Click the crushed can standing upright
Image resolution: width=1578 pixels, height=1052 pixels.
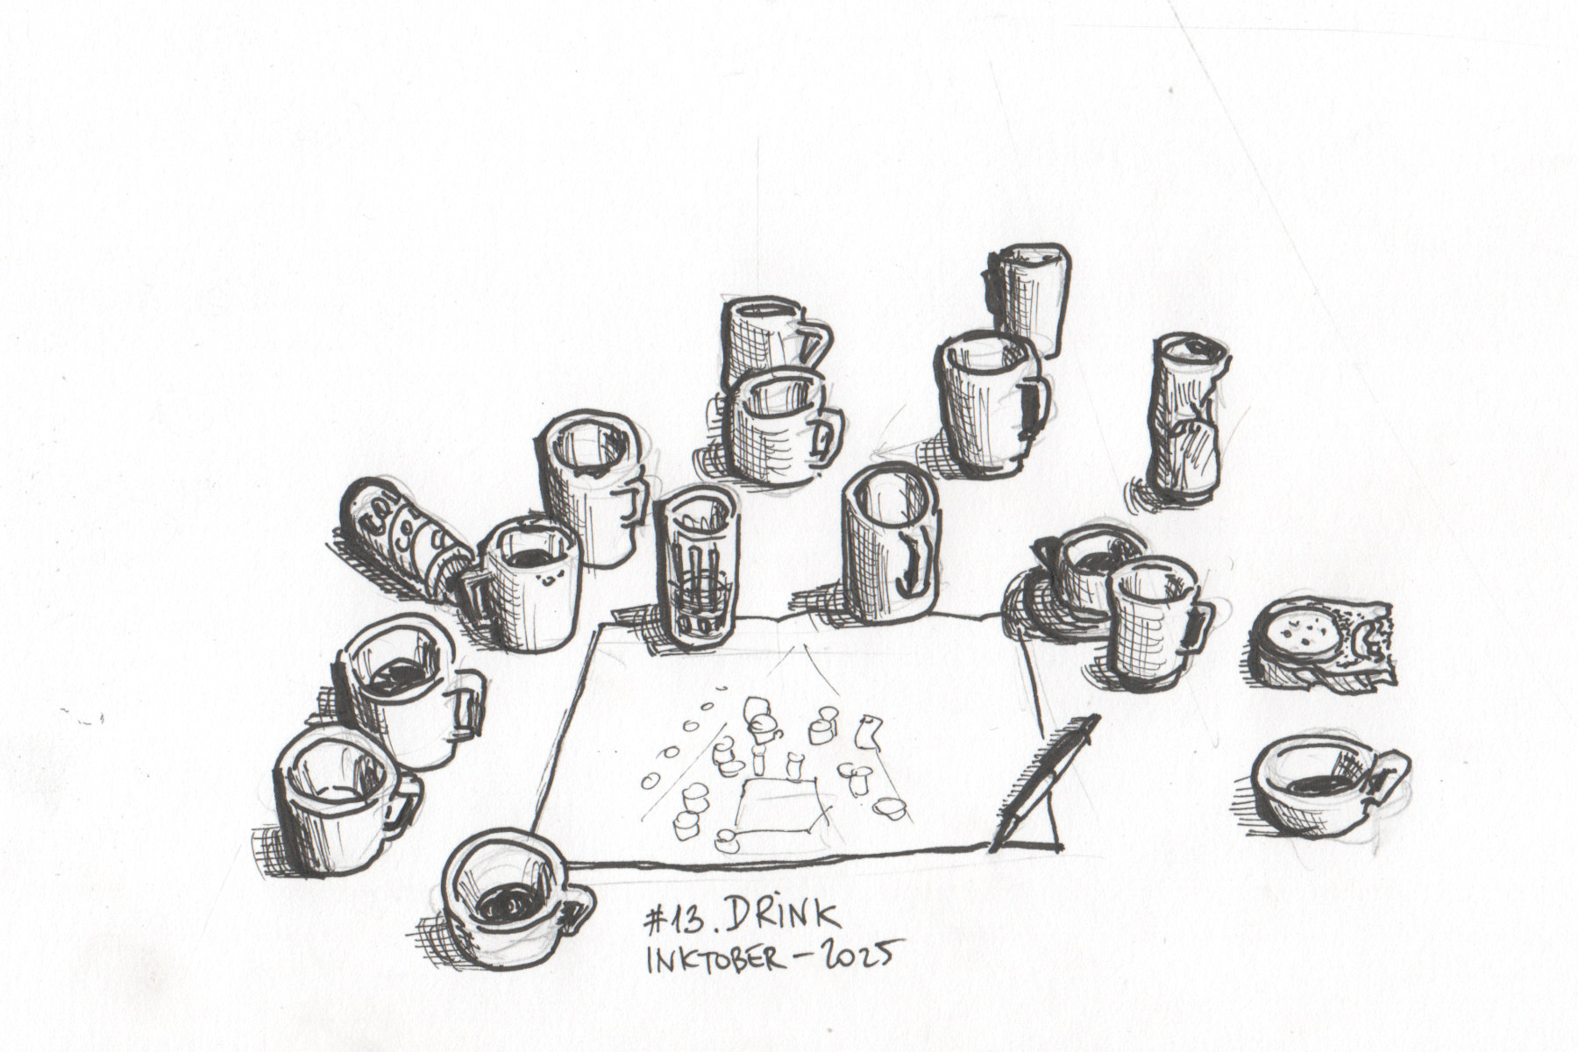(1188, 421)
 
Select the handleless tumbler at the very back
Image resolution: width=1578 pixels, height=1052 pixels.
(1029, 298)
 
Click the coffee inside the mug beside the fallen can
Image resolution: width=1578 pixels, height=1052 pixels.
(530, 558)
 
